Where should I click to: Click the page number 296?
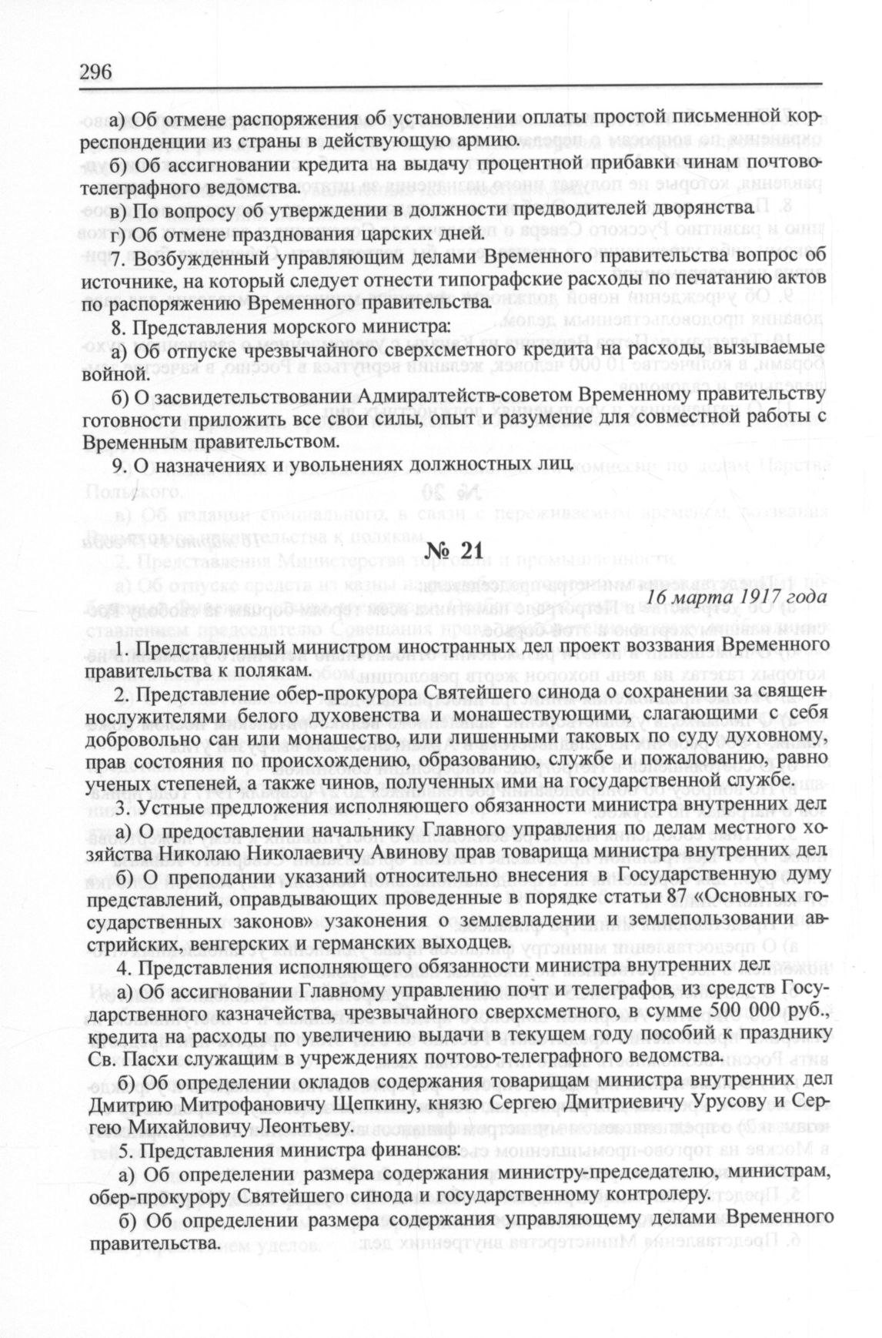[x=96, y=72]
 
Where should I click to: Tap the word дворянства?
[x=693, y=209]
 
